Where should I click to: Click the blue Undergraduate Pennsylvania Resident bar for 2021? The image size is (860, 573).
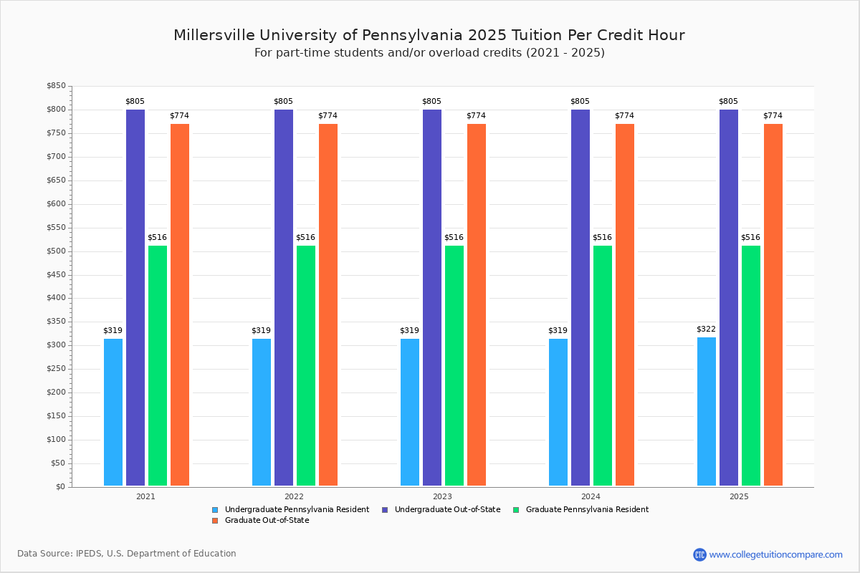[x=113, y=412]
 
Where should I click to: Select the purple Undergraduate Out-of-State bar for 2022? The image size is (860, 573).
[x=284, y=297]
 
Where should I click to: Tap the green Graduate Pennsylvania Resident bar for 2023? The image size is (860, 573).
[x=454, y=365]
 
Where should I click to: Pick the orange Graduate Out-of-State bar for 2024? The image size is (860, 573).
[x=625, y=304]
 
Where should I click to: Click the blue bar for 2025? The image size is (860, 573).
[x=707, y=411]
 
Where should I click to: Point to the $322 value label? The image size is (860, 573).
[x=706, y=329]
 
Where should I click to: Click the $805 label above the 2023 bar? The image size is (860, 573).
[x=431, y=102]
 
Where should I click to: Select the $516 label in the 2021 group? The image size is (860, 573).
[x=157, y=238]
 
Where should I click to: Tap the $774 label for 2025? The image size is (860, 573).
[x=773, y=116]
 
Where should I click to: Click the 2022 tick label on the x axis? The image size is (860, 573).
[x=294, y=496]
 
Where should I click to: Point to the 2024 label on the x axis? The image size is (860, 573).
[x=591, y=496]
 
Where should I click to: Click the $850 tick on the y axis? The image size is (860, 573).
[x=55, y=86]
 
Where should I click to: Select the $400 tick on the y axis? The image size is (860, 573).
[x=55, y=298]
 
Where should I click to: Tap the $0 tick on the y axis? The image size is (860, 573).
[x=59, y=487]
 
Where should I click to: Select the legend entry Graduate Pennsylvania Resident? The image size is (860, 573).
[x=586, y=510]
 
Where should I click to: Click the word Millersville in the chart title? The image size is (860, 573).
[x=213, y=35]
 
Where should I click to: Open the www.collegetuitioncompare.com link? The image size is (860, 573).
[x=775, y=554]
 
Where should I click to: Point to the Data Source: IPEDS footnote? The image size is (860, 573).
[x=127, y=554]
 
